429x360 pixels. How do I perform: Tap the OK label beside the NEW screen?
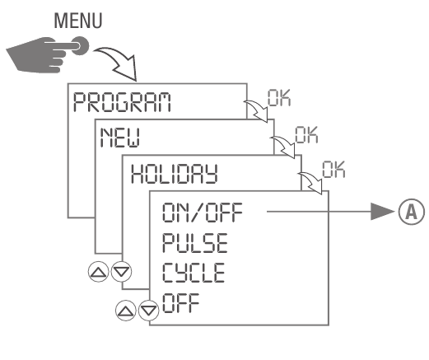pos(305,132)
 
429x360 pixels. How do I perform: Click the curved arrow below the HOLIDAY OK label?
pos(314,180)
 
